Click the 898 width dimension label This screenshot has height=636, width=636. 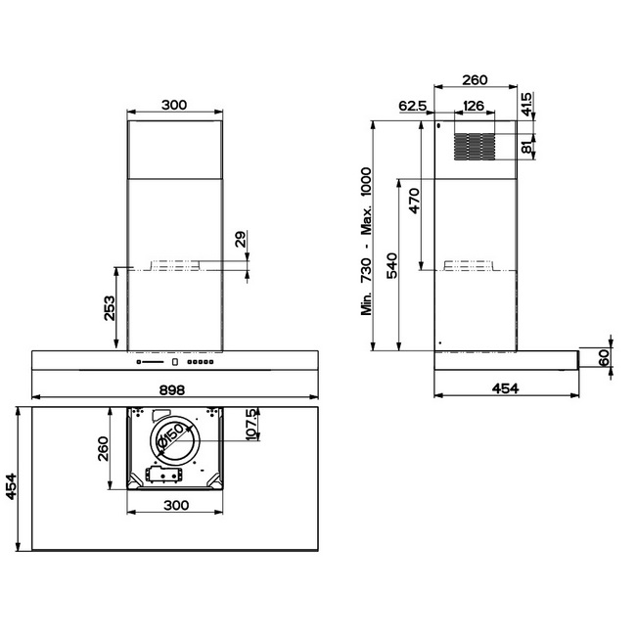point(172,390)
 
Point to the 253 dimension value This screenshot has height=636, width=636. point(110,308)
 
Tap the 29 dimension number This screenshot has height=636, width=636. point(241,239)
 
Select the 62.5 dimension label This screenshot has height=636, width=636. point(413,106)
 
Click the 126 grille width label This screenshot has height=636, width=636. point(474,106)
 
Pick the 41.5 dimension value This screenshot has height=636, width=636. point(526,105)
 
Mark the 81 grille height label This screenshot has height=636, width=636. point(526,146)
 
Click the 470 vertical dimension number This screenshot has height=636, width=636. point(414,201)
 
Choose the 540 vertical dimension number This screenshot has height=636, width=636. point(392,266)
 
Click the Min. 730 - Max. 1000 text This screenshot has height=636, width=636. point(366,242)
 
